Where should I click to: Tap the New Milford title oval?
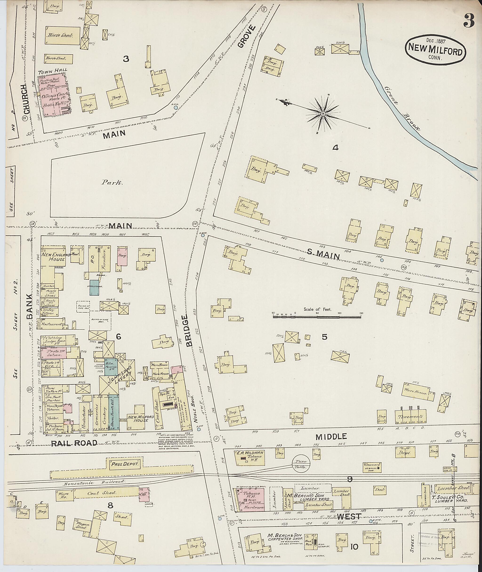pos(435,51)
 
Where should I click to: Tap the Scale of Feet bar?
pos(317,317)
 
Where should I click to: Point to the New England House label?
pos(53,256)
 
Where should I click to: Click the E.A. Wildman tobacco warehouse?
pos(250,458)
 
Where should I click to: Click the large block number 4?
pos(335,148)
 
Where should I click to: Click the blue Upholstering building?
pos(95,287)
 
